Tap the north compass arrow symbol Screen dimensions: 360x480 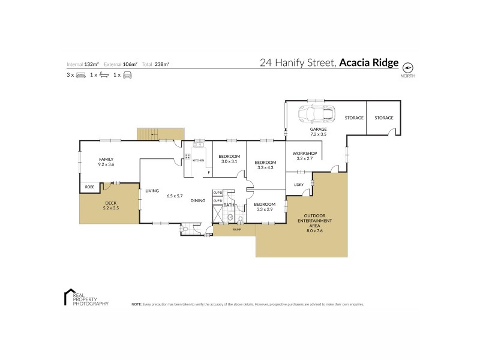coord(409,67)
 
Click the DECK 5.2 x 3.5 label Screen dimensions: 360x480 coord(112,205)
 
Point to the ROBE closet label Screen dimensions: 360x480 coord(89,187)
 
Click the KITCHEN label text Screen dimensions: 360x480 coord(198,161)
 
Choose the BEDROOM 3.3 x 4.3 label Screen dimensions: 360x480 coord(265,164)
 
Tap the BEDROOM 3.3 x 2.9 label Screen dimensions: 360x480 coord(265,206)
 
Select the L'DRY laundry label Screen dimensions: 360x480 coord(298,184)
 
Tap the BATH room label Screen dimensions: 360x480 coord(228,205)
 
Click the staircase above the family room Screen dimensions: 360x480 coord(160,134)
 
